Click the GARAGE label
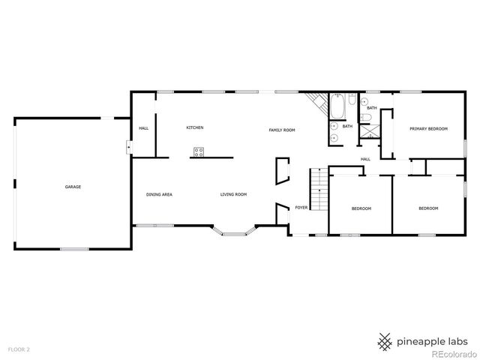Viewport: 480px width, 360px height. [x=73, y=187]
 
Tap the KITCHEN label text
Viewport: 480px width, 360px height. [x=195, y=127]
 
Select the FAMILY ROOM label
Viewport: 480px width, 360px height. [x=282, y=130]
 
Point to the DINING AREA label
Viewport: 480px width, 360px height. [x=159, y=195]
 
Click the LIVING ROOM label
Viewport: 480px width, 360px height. [x=233, y=195]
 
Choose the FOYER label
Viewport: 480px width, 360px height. [x=301, y=207]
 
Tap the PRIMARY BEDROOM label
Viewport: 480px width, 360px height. [x=428, y=129]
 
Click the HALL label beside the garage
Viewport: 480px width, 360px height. [x=143, y=128]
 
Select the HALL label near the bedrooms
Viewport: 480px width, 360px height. [x=366, y=159]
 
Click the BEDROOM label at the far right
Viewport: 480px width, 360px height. [x=428, y=208]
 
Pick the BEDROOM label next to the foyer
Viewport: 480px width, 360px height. [x=361, y=208]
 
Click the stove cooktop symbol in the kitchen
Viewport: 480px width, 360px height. [x=199, y=151]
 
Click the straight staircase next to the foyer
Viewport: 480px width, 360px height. [x=320, y=190]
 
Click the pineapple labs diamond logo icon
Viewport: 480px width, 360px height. [x=385, y=341]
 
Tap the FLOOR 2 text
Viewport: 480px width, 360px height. [x=19, y=349]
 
